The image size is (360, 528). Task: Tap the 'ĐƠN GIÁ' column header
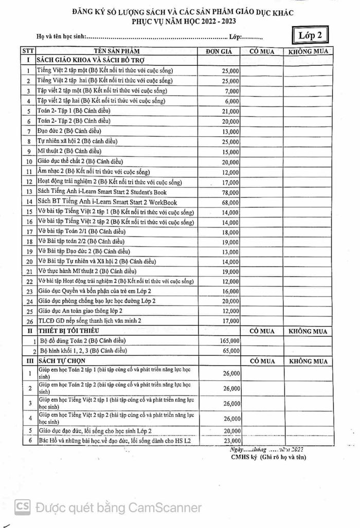(220, 51)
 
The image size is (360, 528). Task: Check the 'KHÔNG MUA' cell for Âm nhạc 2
(309, 172)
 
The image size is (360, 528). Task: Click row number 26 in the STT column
(29, 321)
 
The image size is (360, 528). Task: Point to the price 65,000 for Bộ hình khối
(230, 351)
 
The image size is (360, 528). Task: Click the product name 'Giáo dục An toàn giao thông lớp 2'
(80, 311)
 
